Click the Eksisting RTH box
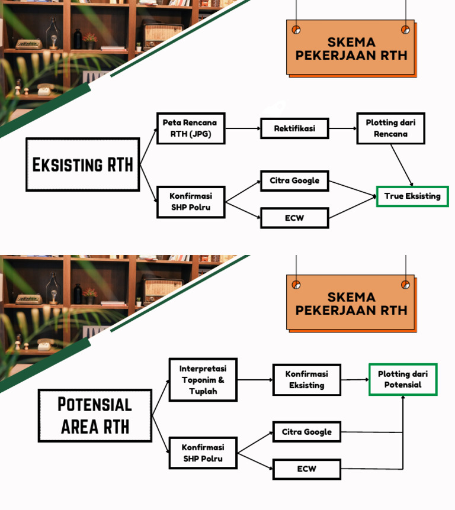(83, 164)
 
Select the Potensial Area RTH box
(95, 415)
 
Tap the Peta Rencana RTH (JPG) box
(190, 128)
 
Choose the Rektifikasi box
(294, 128)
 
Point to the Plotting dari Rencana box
(390, 128)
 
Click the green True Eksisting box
(412, 196)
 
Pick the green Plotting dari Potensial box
(403, 379)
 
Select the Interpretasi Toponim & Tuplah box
(203, 380)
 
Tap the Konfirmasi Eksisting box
(306, 380)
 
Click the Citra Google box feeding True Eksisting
(294, 181)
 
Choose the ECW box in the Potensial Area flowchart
(306, 469)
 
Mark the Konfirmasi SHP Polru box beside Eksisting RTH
(190, 202)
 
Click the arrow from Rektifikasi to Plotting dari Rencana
(342, 128)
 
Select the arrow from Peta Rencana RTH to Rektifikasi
(243, 128)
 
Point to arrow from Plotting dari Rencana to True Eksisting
(402, 165)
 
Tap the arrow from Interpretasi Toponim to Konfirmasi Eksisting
(255, 380)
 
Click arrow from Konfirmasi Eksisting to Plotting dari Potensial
(355, 380)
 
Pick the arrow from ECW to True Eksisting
(353, 208)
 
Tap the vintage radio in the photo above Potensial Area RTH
(163, 289)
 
